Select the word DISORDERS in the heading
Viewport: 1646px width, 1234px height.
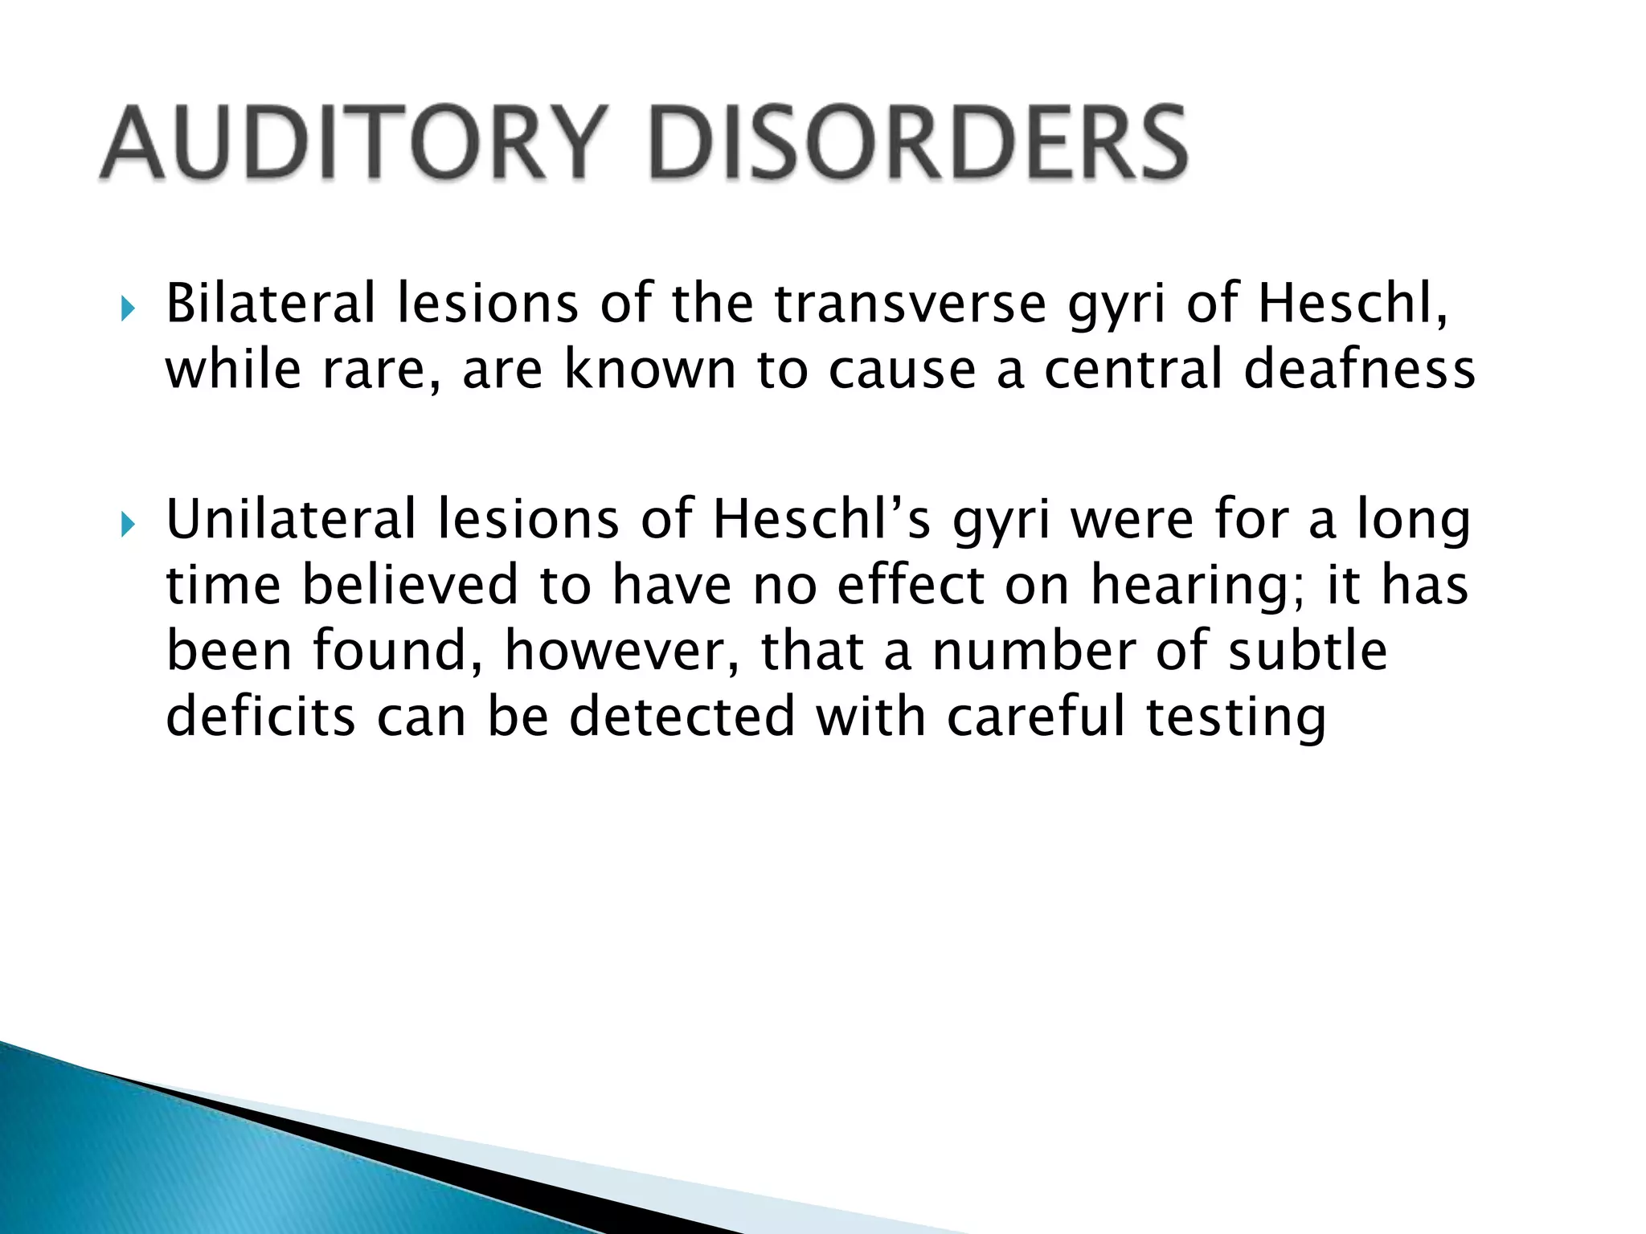coord(917,143)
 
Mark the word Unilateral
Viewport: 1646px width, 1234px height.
coord(291,519)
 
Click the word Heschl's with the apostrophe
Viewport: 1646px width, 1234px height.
coord(821,519)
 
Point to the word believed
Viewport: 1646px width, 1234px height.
coord(410,585)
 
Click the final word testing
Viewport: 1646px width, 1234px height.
coord(1235,718)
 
